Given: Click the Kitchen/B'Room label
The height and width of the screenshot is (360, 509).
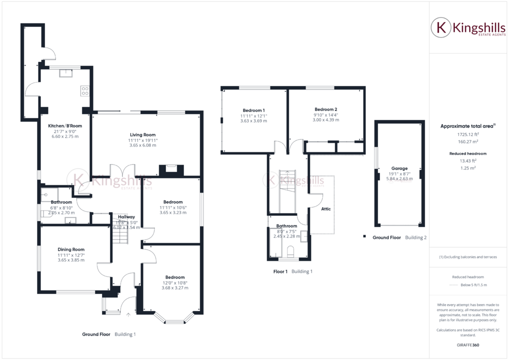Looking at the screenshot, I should [x=65, y=126].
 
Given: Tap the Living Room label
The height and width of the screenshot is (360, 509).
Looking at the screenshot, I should [x=143, y=134].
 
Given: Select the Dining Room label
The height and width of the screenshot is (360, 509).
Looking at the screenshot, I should [x=71, y=249].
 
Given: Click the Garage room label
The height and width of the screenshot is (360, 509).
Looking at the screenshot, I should [x=399, y=168].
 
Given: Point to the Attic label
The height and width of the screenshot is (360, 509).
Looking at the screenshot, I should [x=325, y=209].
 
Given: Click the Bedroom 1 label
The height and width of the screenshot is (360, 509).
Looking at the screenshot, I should [x=253, y=110].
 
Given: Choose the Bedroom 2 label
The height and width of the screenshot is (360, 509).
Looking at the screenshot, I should [x=325, y=109].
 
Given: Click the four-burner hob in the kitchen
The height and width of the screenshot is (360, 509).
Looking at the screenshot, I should [x=84, y=91].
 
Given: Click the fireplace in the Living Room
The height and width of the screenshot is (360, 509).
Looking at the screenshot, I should [x=171, y=170].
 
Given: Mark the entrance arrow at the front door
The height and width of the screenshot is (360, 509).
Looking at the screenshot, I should [x=128, y=315].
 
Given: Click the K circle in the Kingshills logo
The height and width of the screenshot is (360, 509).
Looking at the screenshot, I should [x=441, y=27].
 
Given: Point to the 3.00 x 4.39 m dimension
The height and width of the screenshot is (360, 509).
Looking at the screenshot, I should [x=325, y=120].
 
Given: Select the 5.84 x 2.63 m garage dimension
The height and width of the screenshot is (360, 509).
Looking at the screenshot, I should [x=399, y=178].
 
